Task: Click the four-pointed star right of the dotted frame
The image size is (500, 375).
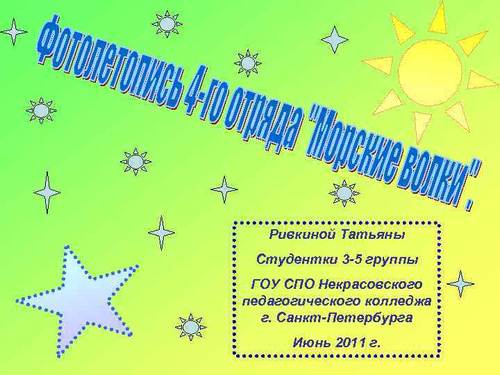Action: (460, 283)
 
